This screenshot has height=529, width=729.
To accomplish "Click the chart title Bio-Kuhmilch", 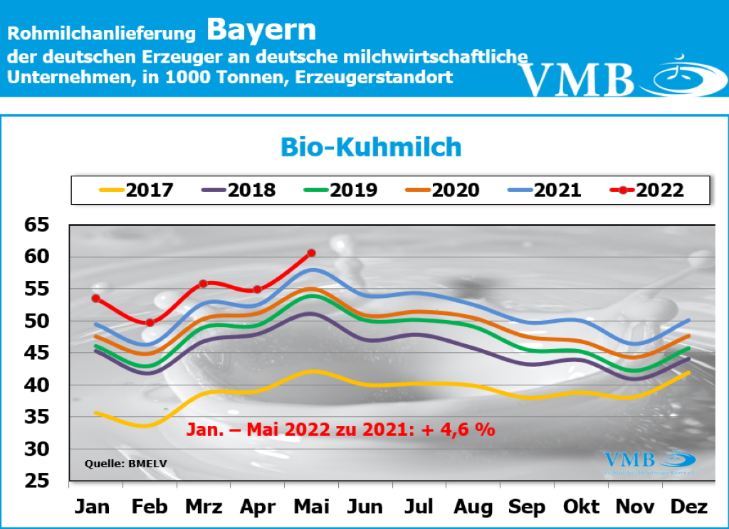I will pos(371,147).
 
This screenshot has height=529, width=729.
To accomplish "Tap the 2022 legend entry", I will pos(649,190).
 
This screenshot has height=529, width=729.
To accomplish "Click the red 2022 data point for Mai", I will pos(311,253).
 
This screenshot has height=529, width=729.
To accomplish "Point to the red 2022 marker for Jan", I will pos(95,299).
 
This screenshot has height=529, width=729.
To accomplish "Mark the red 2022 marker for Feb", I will pos(150,323).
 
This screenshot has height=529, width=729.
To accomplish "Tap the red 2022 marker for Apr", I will pos(257,289).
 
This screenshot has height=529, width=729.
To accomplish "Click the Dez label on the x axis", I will pos(689,507).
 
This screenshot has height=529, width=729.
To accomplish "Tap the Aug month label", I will pos(473,507).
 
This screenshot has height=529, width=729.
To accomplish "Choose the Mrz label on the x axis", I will pos(203,507).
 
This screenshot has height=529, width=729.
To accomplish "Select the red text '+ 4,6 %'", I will pos(463,429).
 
